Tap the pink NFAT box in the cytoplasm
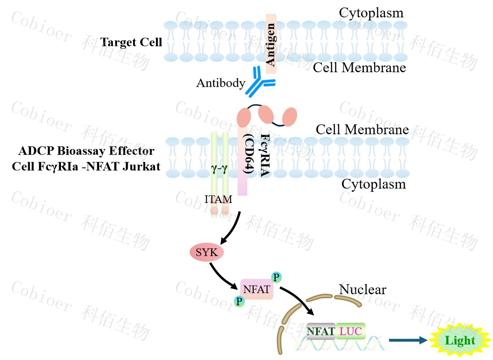(x=257, y=289)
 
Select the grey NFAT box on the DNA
(x=321, y=331)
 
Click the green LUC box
(x=350, y=331)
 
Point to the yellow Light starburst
(x=460, y=340)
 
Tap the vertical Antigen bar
(x=271, y=43)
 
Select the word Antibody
(x=221, y=83)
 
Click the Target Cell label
(x=131, y=43)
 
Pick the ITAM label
(x=218, y=199)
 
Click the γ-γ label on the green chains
(x=219, y=169)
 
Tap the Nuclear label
(x=362, y=289)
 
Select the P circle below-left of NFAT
(x=240, y=301)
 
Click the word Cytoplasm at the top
(x=371, y=13)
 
